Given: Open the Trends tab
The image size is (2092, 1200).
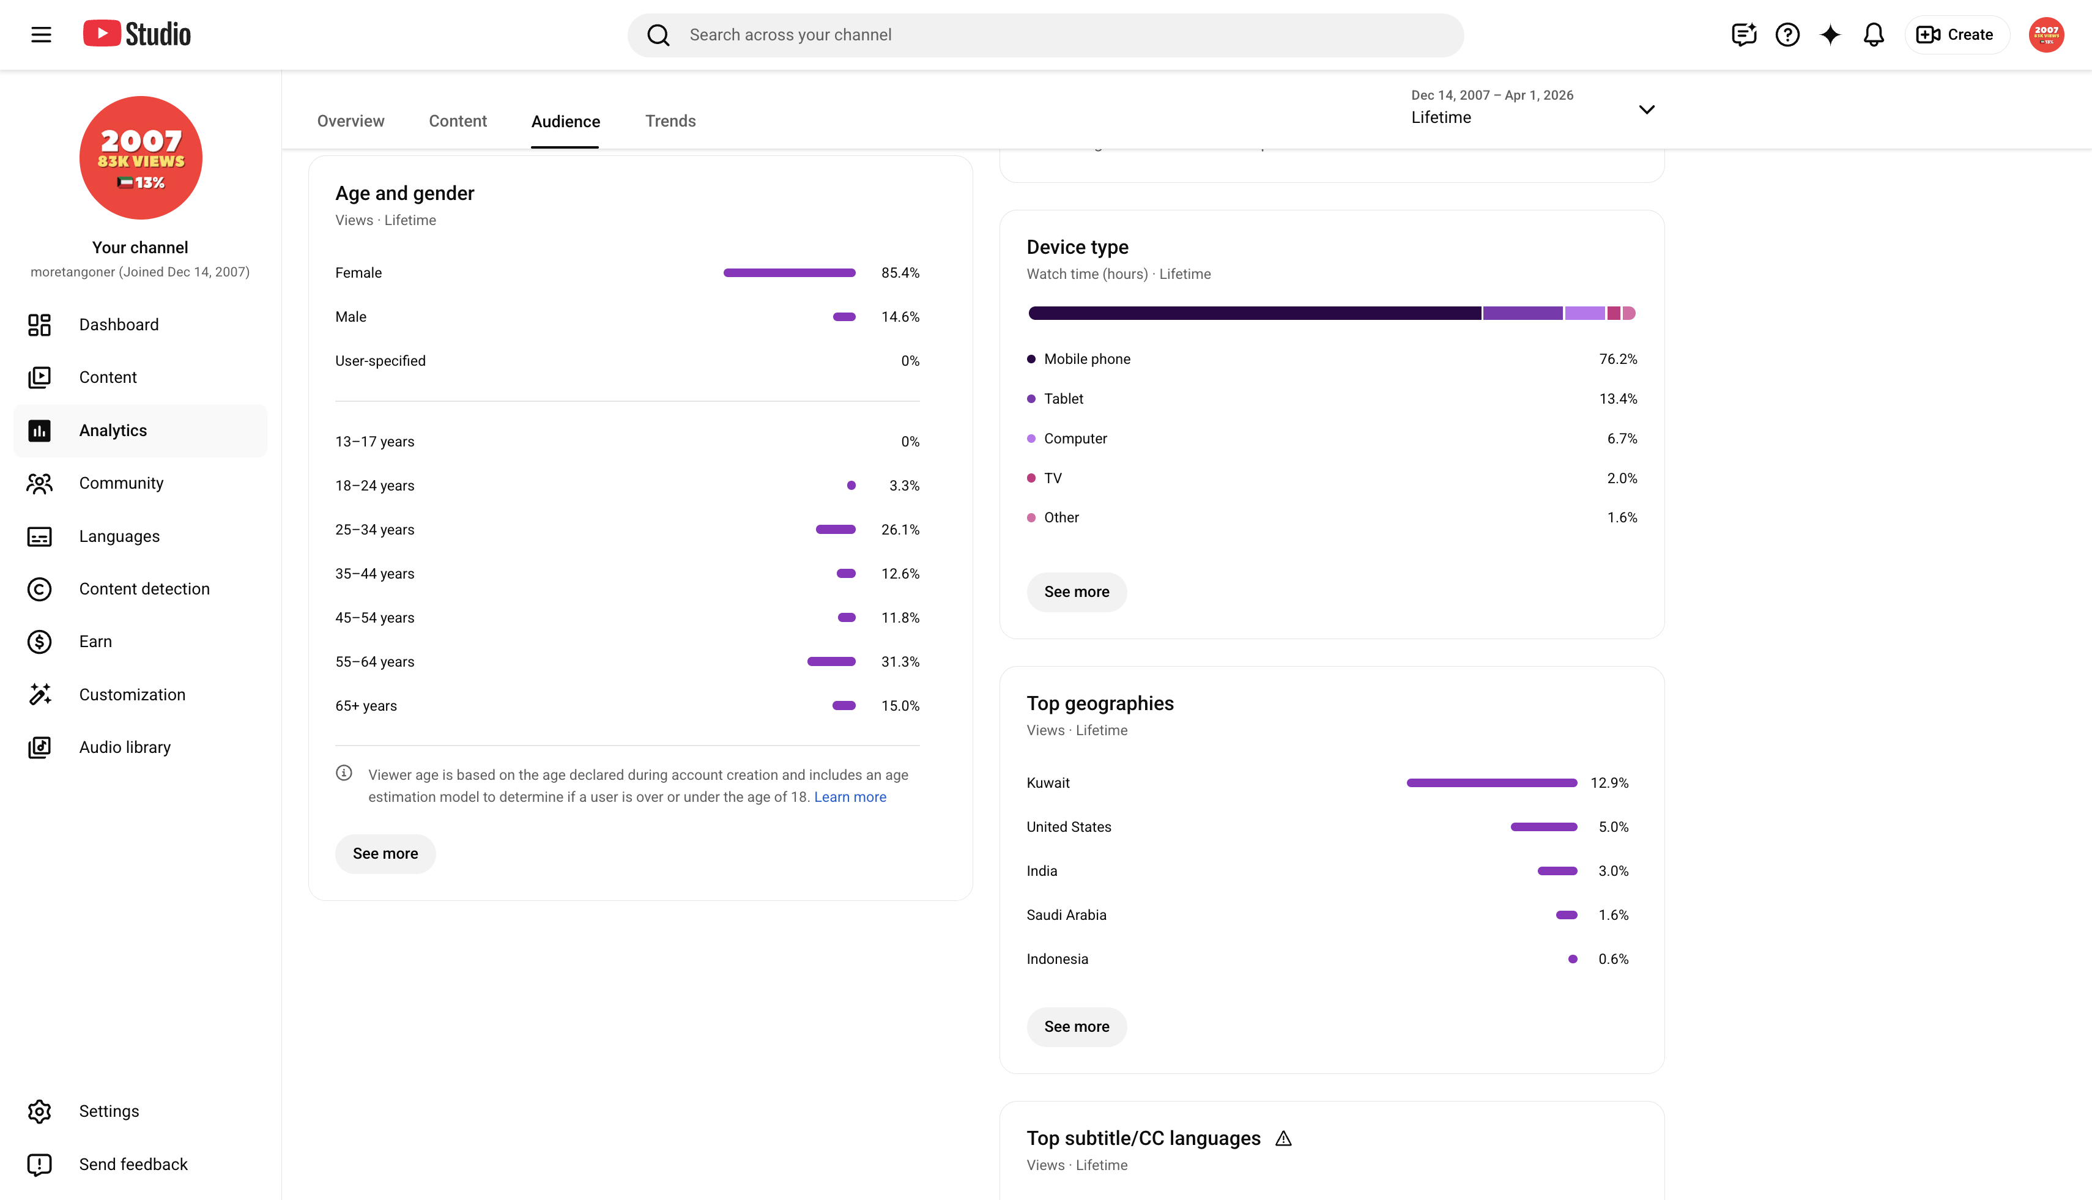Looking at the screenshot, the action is (x=670, y=121).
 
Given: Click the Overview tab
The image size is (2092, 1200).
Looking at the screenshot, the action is (x=351, y=121).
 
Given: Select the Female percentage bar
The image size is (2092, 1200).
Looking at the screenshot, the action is (x=789, y=273).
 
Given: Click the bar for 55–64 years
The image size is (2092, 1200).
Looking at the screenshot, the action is (x=831, y=662).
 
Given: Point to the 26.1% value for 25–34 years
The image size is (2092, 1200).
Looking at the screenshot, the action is (x=900, y=530).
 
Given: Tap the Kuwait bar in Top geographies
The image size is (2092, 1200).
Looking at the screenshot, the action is (x=1491, y=783).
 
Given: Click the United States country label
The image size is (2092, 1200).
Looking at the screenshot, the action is (x=1068, y=827).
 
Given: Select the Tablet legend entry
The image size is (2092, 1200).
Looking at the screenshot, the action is (x=1063, y=399).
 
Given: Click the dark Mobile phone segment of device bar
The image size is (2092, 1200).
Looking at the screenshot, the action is (x=1254, y=313).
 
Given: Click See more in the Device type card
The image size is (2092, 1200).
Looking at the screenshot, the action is (x=1076, y=592).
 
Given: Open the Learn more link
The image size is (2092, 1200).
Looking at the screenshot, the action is (x=850, y=797).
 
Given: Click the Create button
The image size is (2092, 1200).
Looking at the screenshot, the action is (x=1956, y=35).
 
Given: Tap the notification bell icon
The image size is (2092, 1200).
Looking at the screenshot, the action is (x=1873, y=35).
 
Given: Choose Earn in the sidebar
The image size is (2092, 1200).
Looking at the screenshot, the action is (x=95, y=641).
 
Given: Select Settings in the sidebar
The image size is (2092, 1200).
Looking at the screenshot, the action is (x=108, y=1111).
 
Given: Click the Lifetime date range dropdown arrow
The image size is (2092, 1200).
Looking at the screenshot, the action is (x=1646, y=109).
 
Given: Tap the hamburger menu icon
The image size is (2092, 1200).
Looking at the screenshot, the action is (x=41, y=35).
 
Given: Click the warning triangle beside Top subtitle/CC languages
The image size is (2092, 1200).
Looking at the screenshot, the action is (x=1283, y=1138).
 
